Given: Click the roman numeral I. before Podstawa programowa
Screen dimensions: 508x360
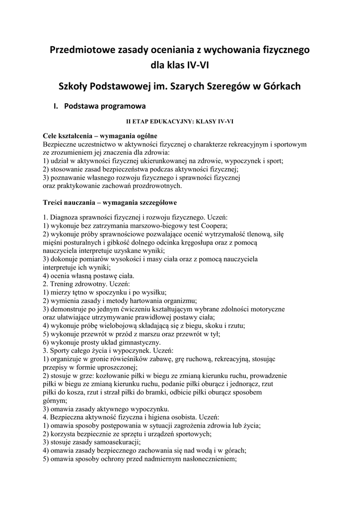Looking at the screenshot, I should [56, 106].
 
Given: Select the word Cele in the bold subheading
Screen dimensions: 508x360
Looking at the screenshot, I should [50, 136].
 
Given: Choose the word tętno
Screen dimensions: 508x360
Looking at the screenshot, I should [79, 292].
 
